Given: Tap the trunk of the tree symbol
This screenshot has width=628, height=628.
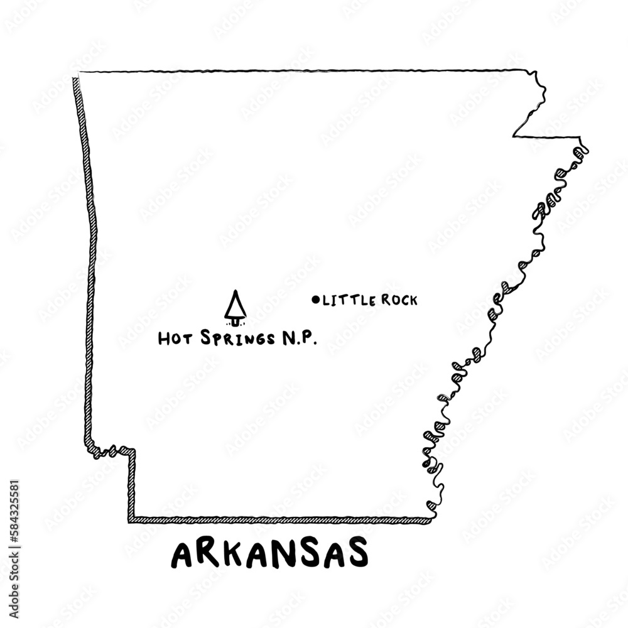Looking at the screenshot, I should pos(235,322).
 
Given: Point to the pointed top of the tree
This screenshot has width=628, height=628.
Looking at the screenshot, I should pos(235,291).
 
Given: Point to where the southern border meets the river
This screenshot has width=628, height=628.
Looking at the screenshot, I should pos(431,519).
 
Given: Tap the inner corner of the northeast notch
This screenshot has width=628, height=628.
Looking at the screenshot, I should pos(515,135).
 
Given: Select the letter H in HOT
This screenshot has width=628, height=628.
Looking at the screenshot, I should pos(165,339).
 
